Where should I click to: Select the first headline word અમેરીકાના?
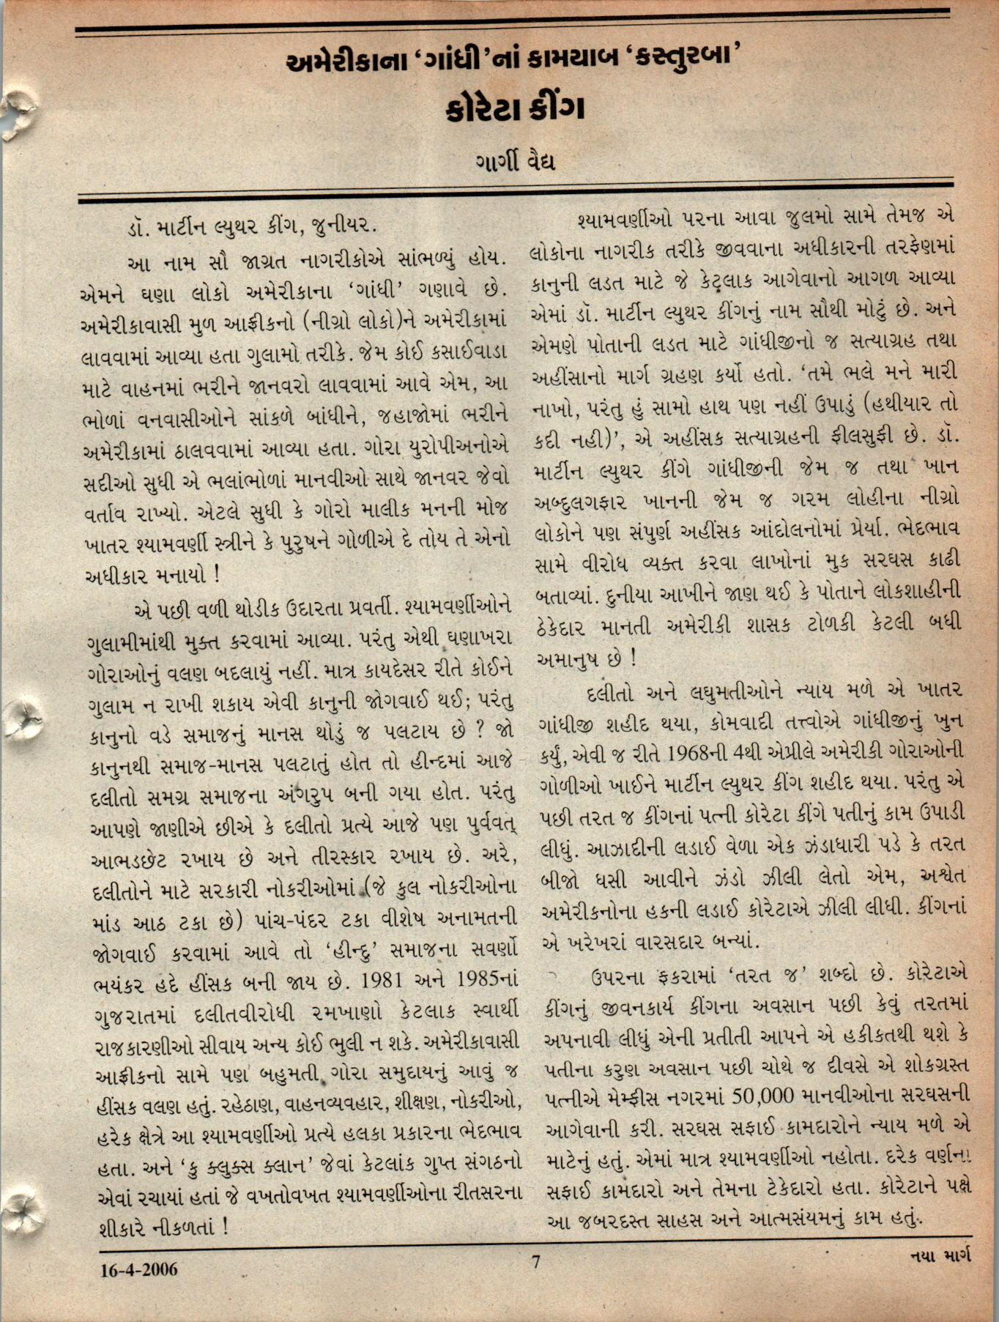coord(338,62)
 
